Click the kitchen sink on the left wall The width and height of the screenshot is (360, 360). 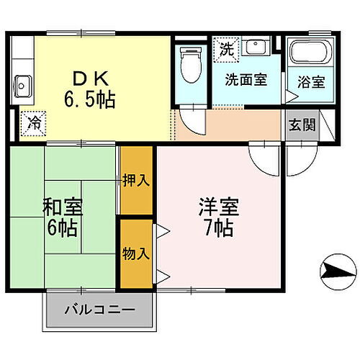(x=22, y=85)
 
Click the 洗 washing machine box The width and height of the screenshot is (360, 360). (x=226, y=50)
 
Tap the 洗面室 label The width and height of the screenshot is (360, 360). (x=246, y=79)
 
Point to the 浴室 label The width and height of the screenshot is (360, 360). (x=310, y=80)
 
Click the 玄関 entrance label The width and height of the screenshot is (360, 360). (x=302, y=124)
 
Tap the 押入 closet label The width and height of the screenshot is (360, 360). (x=136, y=180)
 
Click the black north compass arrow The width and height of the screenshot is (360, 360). (x=336, y=271)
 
